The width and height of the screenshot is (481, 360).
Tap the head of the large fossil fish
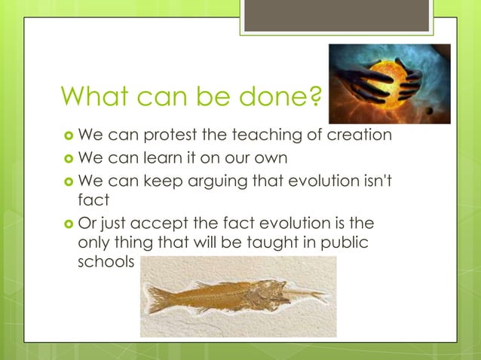(x=264, y=291)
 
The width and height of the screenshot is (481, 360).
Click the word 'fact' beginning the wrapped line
(x=90, y=200)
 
